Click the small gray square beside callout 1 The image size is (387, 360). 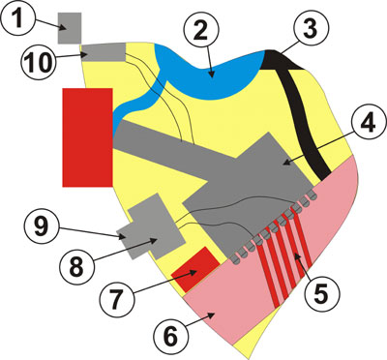click(70, 27)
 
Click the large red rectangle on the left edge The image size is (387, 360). click(87, 135)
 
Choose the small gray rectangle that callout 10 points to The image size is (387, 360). click(104, 52)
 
